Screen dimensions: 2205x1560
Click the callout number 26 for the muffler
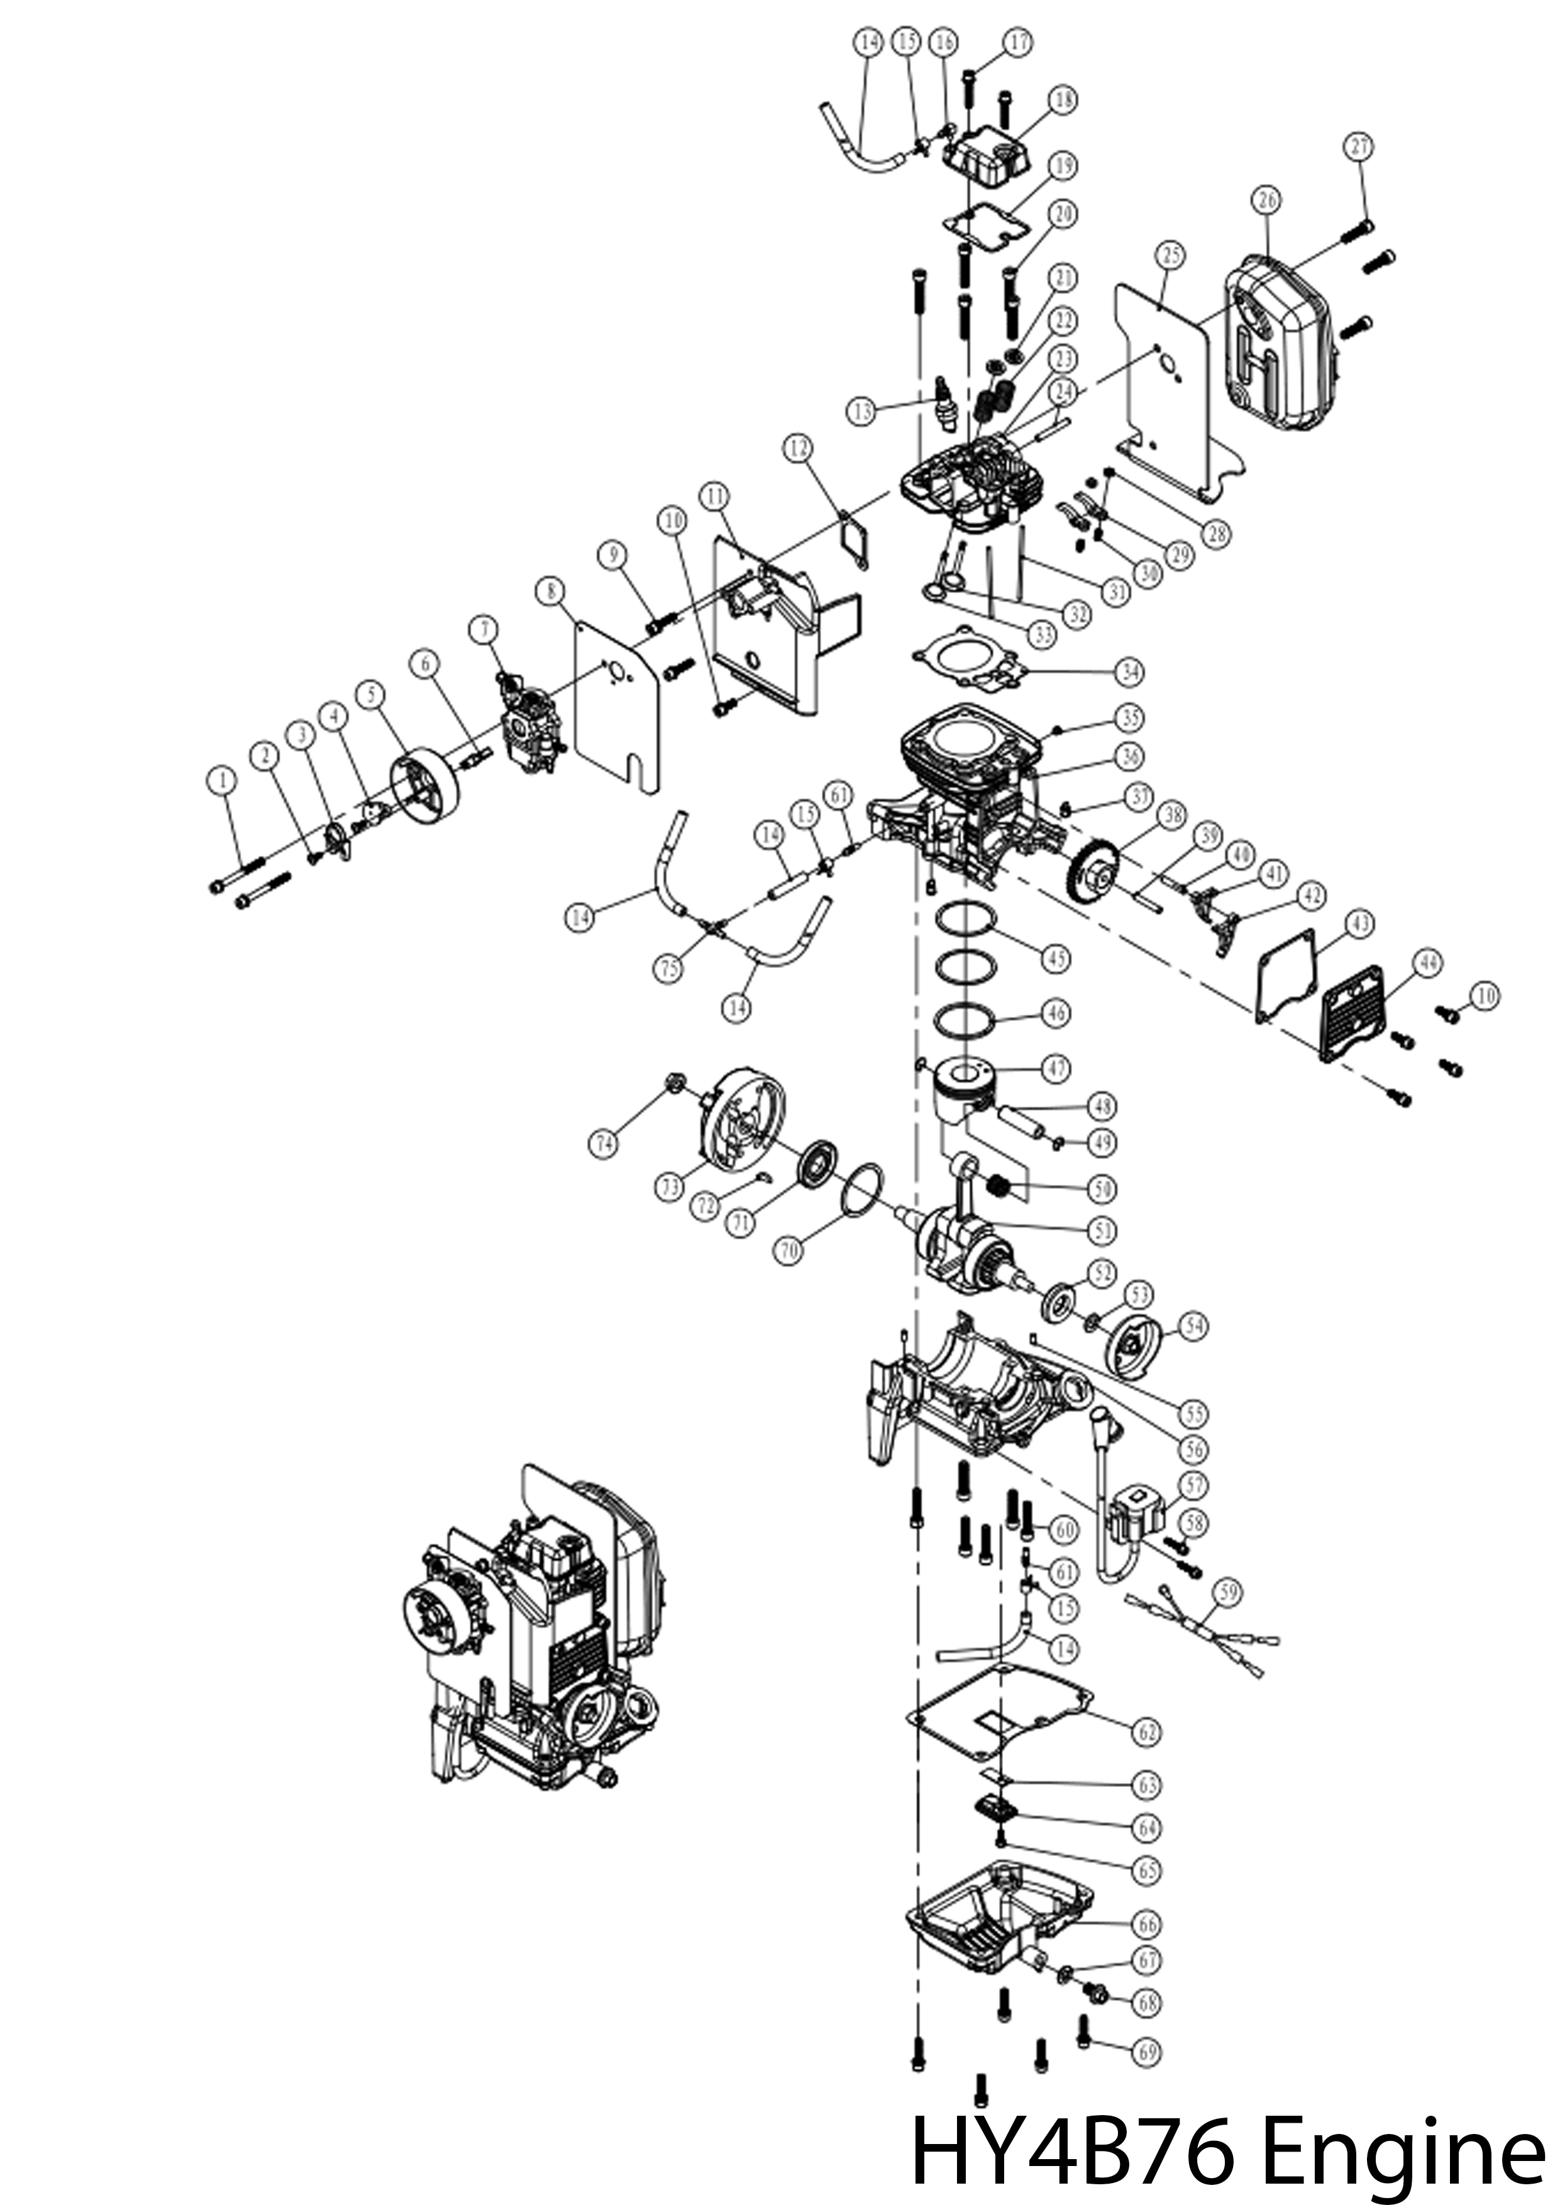point(1266,201)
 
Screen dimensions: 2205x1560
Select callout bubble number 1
point(223,780)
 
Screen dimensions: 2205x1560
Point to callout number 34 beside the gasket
point(1130,673)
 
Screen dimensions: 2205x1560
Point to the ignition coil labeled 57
point(1136,1522)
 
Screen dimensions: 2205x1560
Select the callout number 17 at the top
point(1018,42)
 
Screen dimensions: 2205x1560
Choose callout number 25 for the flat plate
point(1170,255)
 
